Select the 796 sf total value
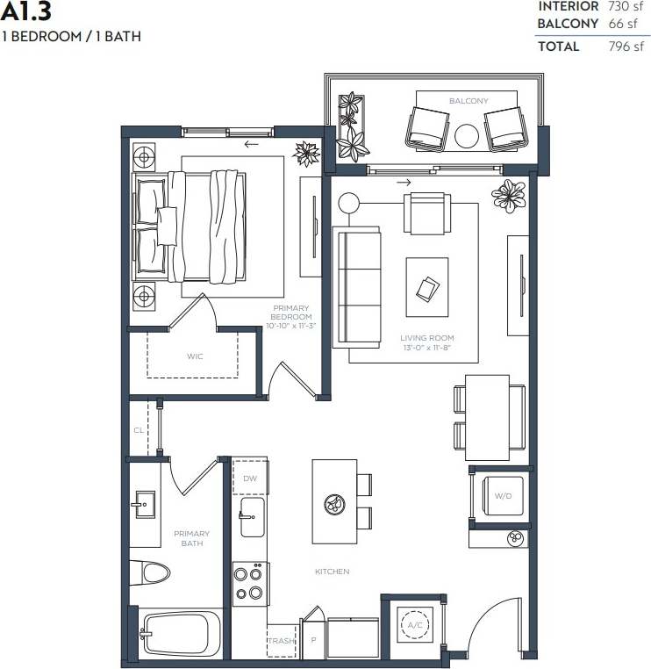pyautogui.click(x=626, y=47)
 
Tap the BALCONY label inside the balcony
pyautogui.click(x=469, y=101)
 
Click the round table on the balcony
pyautogui.click(x=468, y=135)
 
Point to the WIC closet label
pyautogui.click(x=195, y=357)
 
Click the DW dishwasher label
pyautogui.click(x=250, y=478)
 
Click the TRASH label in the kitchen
pyautogui.click(x=280, y=641)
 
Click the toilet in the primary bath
pyautogui.click(x=151, y=574)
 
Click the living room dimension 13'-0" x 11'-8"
pyautogui.click(x=426, y=348)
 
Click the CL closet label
pyautogui.click(x=139, y=430)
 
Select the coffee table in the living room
pyautogui.click(x=426, y=287)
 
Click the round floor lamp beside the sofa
pyautogui.click(x=349, y=203)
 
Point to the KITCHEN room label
pyautogui.click(x=333, y=572)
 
